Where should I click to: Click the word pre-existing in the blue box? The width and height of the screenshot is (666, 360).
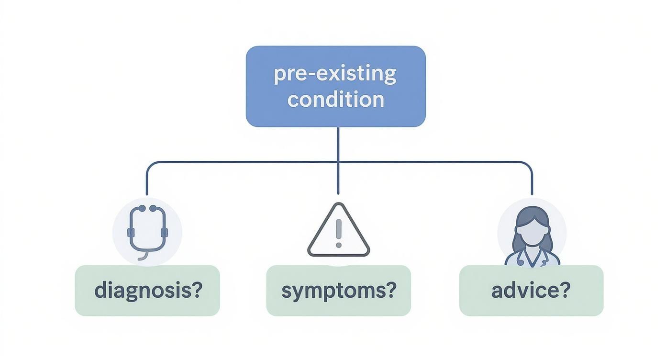pyautogui.click(x=335, y=75)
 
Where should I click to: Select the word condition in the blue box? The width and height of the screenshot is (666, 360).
pyautogui.click(x=336, y=100)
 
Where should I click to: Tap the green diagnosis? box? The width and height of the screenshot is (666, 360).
pyautogui.click(x=147, y=291)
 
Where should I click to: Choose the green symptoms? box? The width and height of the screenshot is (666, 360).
pyautogui.click(x=338, y=291)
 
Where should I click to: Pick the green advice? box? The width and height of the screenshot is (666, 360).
pyautogui.click(x=531, y=291)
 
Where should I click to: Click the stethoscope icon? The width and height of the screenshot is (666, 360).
pyautogui.click(x=147, y=230)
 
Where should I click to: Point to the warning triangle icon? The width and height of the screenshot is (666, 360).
pyautogui.click(x=338, y=232)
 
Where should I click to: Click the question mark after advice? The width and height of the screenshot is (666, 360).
pyautogui.click(x=565, y=290)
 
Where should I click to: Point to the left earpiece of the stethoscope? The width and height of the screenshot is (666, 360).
pyautogui.click(x=140, y=209)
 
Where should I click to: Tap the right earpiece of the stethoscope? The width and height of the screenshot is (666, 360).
pyautogui.click(x=154, y=209)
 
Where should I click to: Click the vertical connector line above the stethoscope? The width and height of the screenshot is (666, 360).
pyautogui.click(x=147, y=182)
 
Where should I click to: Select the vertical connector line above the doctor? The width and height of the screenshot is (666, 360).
pyautogui.click(x=532, y=182)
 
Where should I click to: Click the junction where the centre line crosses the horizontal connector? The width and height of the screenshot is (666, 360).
pyautogui.click(x=338, y=162)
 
